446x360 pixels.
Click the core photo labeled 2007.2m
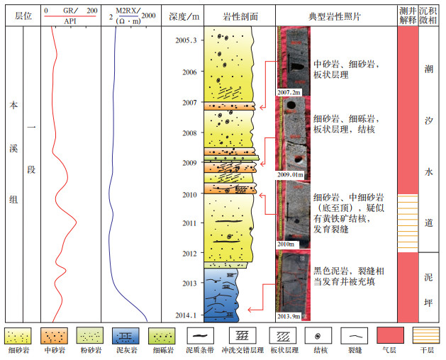pyautogui.click(x=290, y=61)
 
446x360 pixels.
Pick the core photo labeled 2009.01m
pyautogui.click(x=291, y=137)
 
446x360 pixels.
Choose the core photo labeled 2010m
pyautogui.click(x=291, y=213)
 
